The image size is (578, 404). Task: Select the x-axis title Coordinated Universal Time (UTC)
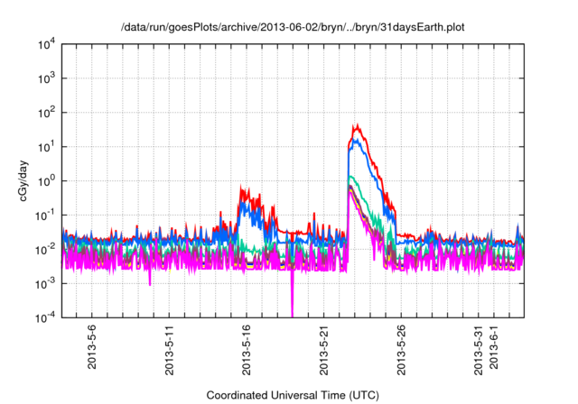click(293, 395)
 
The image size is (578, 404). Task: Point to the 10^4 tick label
click(47, 44)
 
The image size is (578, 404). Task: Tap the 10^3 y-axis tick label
click(47, 78)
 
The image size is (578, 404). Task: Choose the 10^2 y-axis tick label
click(47, 113)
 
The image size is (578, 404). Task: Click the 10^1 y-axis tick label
click(47, 147)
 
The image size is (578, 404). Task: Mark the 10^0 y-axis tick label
click(47, 180)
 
